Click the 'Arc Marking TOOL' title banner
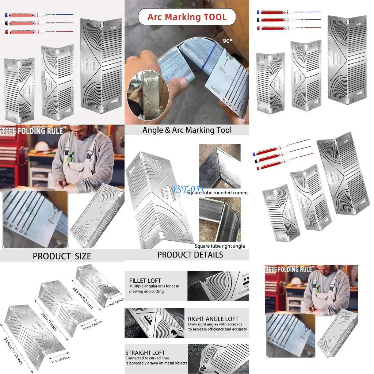(187, 17)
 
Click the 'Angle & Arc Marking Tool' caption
(187, 130)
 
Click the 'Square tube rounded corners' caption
(217, 192)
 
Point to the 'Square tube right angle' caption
(220, 246)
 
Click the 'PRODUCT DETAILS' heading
(190, 255)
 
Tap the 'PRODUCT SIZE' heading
(62, 256)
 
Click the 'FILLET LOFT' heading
(145, 280)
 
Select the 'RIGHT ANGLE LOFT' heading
(213, 319)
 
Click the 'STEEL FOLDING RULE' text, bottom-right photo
(289, 270)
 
